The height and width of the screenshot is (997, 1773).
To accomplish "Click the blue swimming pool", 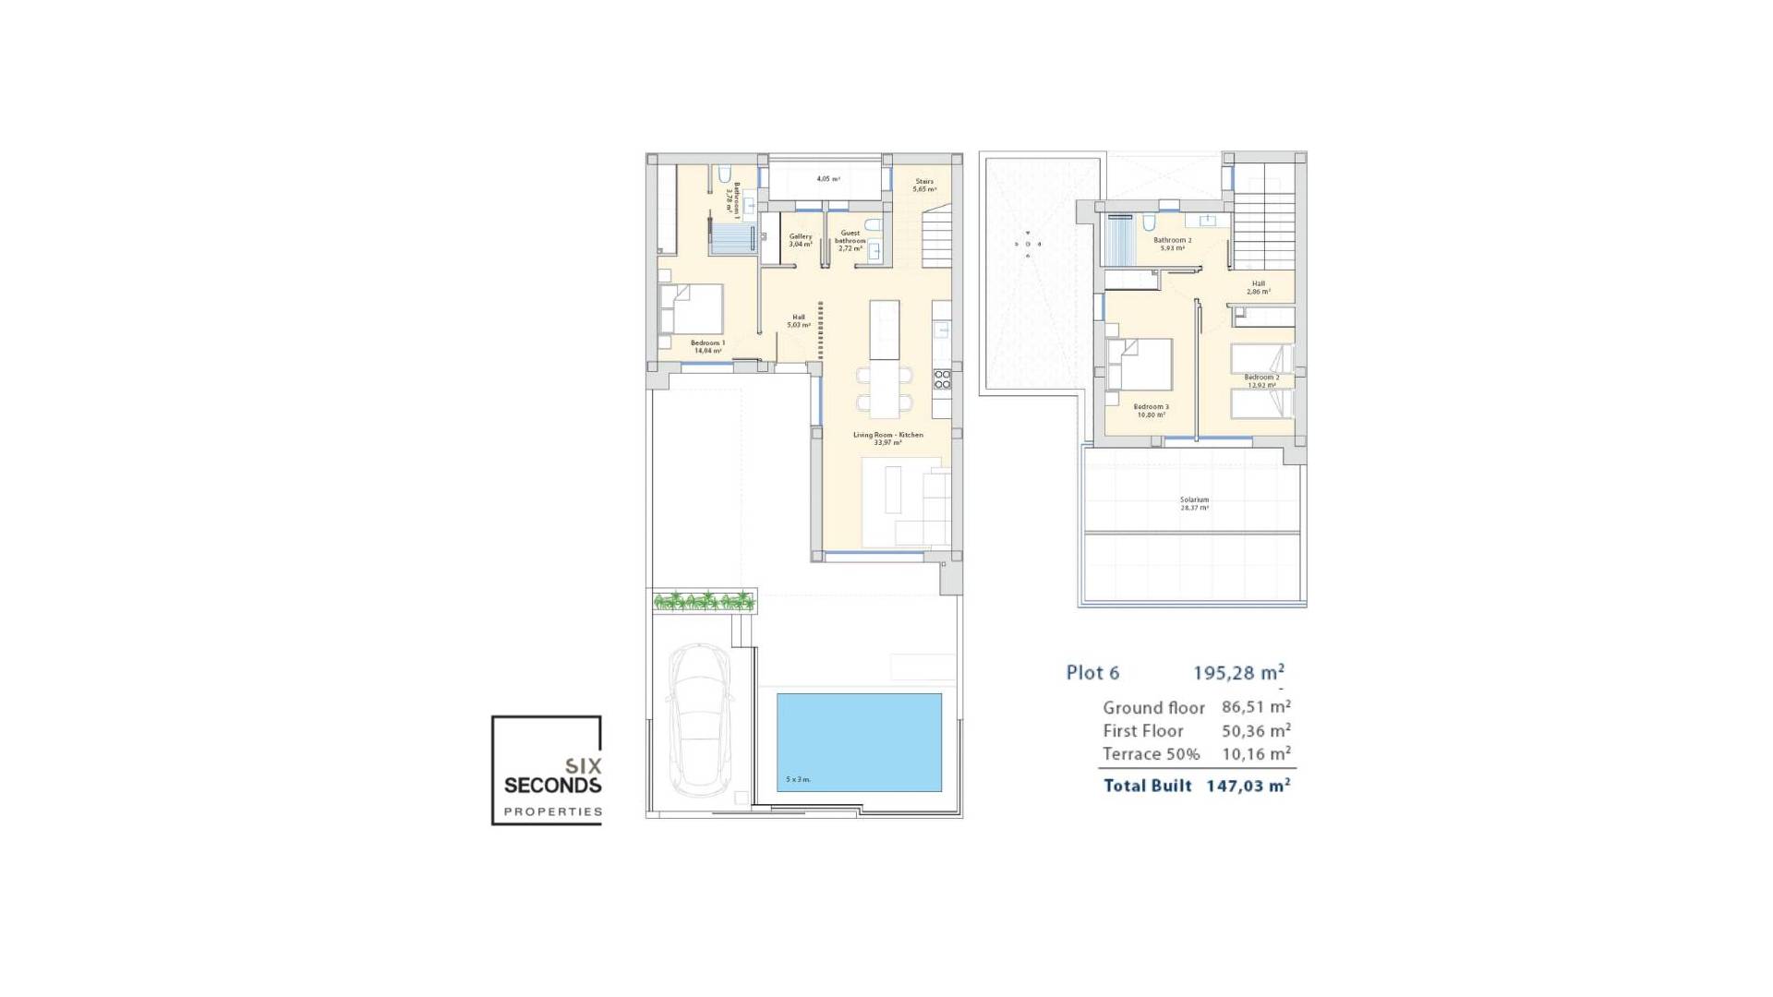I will [859, 741].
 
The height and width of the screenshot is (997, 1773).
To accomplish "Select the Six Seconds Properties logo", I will [547, 771].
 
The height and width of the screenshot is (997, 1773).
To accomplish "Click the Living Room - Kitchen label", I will [887, 438].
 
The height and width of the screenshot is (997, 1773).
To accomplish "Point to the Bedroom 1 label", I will [707, 346].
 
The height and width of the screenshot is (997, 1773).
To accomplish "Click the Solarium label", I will [1194, 503].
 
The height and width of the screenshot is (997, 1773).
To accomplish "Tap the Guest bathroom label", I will [850, 240].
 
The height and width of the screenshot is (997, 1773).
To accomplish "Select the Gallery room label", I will [800, 240].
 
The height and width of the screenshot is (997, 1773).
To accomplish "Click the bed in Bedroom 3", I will [1141, 365].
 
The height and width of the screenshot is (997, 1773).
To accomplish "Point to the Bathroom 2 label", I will [1172, 243].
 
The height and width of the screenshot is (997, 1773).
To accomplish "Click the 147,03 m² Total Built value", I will [1248, 786].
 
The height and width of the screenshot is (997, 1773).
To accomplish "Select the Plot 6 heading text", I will [1092, 673].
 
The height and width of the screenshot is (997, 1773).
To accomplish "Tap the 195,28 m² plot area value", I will [1238, 673].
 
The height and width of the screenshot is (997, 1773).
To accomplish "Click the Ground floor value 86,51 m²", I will [1256, 707].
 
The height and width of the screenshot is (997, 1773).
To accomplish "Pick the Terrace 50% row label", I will [1151, 754].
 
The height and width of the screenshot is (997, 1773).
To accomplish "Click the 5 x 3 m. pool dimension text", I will [798, 779].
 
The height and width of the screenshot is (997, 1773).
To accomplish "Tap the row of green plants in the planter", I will [704, 602].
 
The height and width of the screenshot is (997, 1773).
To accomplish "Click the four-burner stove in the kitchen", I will [942, 378].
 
